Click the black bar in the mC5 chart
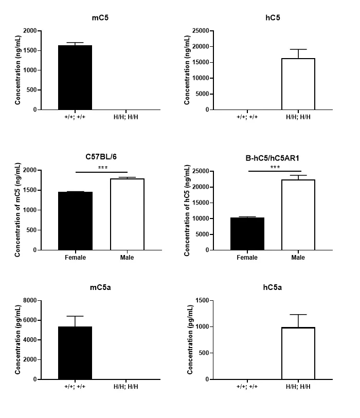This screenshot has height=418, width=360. (x=75, y=77)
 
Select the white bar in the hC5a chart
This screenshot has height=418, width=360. (x=298, y=360)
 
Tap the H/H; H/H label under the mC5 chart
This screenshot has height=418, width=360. (x=127, y=117)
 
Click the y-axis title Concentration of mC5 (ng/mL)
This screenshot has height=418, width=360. (x=17, y=210)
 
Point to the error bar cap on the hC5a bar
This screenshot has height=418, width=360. (x=298, y=315)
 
